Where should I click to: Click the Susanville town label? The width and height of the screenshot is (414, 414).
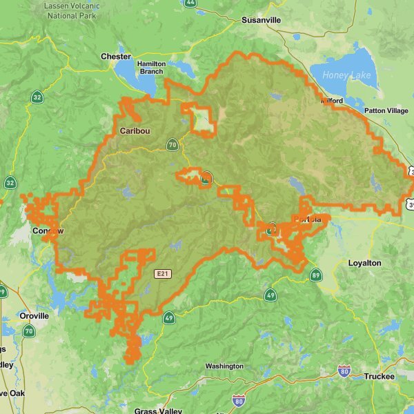point(261,20)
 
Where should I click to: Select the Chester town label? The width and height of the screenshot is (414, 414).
point(115,57)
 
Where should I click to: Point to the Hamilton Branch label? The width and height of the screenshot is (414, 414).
point(151,67)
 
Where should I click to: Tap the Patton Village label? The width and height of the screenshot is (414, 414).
point(386,110)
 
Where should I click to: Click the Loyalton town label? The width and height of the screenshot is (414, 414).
point(364,264)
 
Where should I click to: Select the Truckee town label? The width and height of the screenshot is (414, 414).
point(379,377)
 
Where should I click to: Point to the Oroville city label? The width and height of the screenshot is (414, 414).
point(34,315)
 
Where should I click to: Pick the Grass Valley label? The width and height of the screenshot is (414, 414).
point(158,411)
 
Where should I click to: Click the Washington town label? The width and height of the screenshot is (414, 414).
point(224,366)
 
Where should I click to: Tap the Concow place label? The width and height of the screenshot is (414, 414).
point(48,230)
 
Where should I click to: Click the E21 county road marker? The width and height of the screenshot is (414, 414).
point(162,274)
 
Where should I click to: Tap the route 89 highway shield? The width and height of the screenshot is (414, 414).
point(315,275)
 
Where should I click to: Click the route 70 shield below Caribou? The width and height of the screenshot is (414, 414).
point(172,145)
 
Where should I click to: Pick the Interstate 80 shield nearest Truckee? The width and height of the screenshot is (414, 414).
point(344,372)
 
